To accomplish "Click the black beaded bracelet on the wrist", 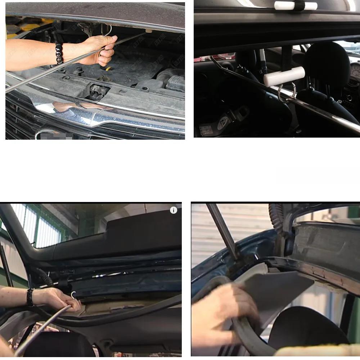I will [x=59, y=53].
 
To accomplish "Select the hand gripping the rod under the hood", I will [x=96, y=50].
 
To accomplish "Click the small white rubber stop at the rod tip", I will [x=148, y=31].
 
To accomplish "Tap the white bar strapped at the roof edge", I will [x=296, y=6].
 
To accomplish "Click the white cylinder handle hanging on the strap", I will [x=284, y=76].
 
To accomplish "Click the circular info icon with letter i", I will [x=174, y=210].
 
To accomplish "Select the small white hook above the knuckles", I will [x=73, y=294].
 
